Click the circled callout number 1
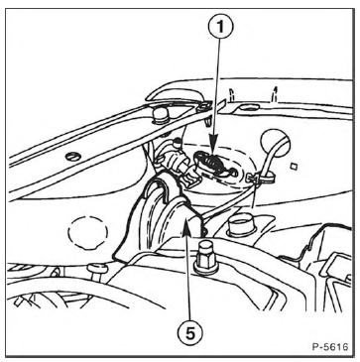click(220, 27)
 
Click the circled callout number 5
click(189, 334)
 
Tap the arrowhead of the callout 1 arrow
click(213, 151)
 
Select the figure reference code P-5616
click(330, 347)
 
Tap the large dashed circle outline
click(88, 233)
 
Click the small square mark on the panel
click(293, 167)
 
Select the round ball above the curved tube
click(275, 143)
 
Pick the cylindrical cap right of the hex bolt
click(242, 225)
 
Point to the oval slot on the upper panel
click(249, 107)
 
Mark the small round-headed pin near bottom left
click(97, 270)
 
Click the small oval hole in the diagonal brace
click(73, 157)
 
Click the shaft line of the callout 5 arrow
click(188, 279)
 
